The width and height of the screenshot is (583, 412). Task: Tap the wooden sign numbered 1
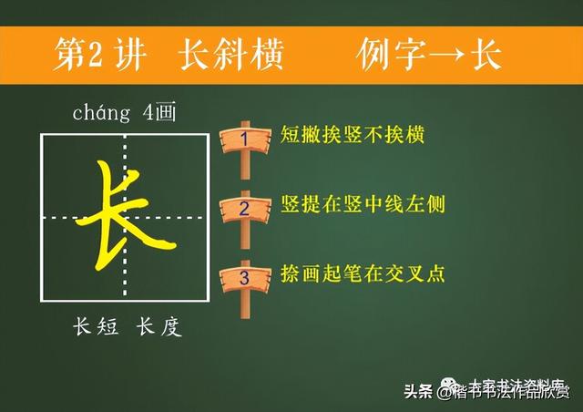point(243,139)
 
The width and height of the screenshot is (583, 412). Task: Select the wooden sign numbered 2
point(243,207)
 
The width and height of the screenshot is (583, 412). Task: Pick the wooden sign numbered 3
point(243,275)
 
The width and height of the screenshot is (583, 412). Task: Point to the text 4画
point(156,114)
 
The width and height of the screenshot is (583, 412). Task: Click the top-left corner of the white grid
point(41,134)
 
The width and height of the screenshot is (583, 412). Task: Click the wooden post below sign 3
point(244,304)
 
